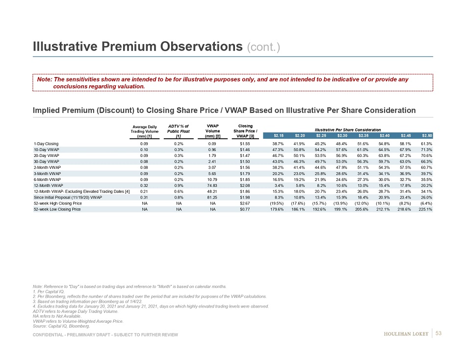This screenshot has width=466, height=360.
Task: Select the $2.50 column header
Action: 427,135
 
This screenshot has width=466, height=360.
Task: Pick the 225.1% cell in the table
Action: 425,209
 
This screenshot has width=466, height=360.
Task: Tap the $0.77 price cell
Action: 245,209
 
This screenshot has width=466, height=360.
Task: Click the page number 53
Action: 439,334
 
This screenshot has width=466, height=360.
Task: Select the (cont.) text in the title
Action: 265,47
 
